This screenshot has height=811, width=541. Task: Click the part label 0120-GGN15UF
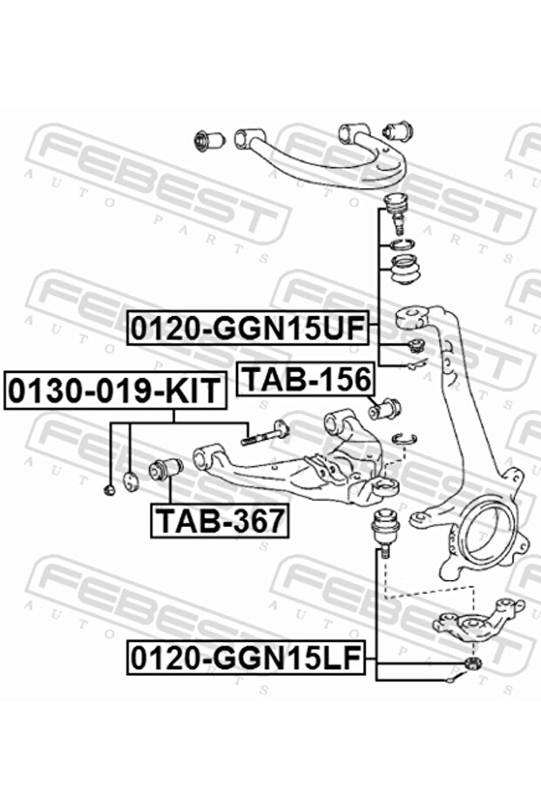(x=248, y=328)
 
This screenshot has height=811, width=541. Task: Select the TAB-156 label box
(x=306, y=379)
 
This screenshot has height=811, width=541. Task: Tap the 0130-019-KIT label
(x=115, y=391)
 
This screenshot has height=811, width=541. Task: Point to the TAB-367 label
(x=220, y=521)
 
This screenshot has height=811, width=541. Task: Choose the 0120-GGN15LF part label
(x=247, y=658)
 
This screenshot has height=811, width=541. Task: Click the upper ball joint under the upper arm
(x=396, y=211)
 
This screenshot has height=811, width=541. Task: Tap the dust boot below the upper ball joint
(x=407, y=271)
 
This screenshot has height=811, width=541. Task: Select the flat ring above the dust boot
(x=402, y=244)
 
